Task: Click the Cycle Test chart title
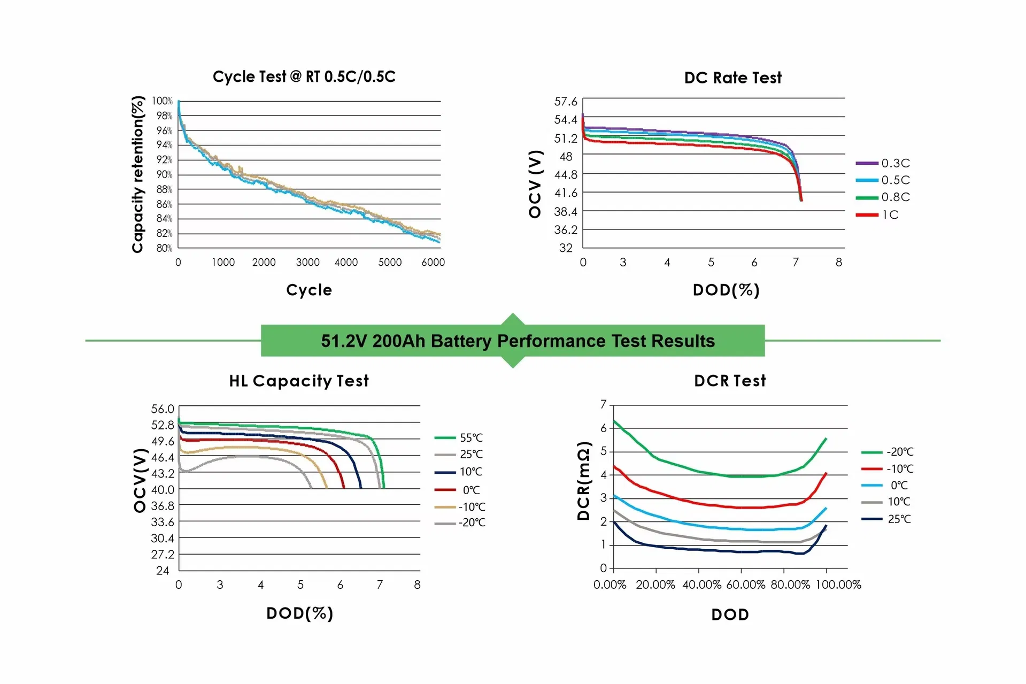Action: click(304, 76)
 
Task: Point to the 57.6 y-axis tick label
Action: click(566, 102)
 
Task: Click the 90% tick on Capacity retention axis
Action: click(164, 174)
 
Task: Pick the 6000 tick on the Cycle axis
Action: click(433, 262)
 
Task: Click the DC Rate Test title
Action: click(732, 78)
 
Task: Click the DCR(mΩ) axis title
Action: click(584, 481)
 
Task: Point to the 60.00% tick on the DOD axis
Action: click(746, 585)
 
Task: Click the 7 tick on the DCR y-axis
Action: click(604, 404)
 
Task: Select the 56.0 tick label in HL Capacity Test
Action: click(163, 409)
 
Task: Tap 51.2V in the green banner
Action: click(344, 341)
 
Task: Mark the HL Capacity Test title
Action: click(299, 381)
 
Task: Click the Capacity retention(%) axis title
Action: click(138, 174)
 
